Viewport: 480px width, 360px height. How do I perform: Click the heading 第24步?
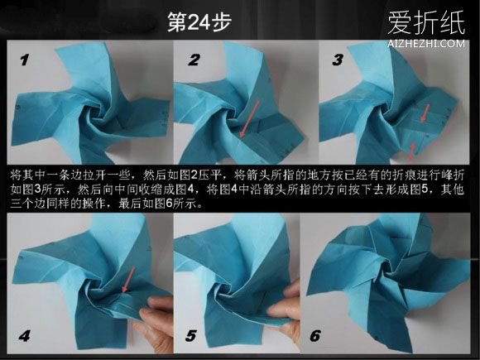click(x=199, y=22)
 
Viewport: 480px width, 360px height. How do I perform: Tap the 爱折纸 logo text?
click(x=426, y=23)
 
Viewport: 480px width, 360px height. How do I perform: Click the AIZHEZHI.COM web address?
click(x=426, y=44)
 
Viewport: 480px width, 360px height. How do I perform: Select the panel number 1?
click(x=25, y=60)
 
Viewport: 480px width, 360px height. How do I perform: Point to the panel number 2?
click(x=194, y=60)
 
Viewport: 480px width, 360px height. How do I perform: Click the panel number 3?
click(x=338, y=60)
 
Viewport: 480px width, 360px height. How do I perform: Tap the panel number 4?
click(x=25, y=336)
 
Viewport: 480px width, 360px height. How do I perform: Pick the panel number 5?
click(x=190, y=336)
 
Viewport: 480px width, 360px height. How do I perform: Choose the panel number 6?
click(x=315, y=336)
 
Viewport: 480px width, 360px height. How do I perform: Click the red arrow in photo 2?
click(x=249, y=118)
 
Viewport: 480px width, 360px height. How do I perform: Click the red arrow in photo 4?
click(x=128, y=279)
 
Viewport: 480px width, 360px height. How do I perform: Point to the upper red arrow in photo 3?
click(x=425, y=113)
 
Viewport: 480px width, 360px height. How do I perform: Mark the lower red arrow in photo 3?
click(x=412, y=151)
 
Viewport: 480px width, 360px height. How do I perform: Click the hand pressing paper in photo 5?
click(x=286, y=312)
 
